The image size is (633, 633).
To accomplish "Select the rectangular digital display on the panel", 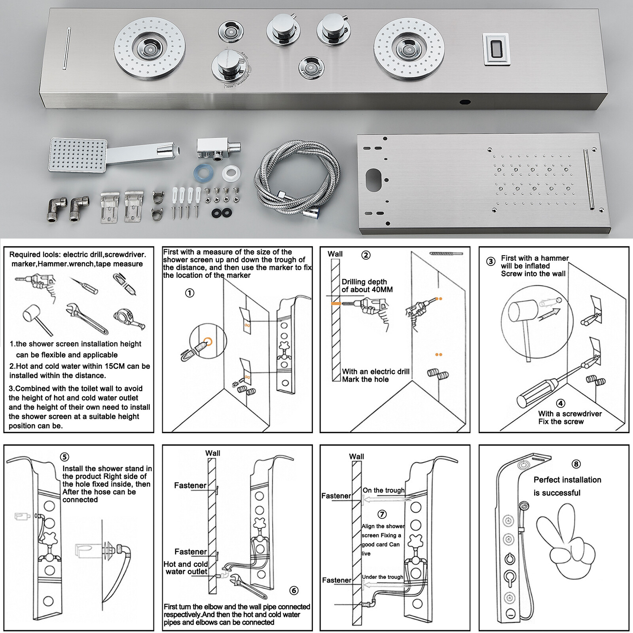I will [496, 49].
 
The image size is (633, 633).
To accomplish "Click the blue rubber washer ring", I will [204, 173].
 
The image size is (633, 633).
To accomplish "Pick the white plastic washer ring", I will [231, 173].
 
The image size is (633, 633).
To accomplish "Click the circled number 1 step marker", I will [190, 293].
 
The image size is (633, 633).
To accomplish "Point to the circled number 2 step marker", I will [366, 255].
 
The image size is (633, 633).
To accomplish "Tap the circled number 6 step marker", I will [294, 591].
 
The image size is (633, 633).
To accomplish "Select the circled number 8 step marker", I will [576, 464].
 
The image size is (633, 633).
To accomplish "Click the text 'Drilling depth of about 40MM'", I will [367, 286].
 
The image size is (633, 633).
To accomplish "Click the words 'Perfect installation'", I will [567, 480].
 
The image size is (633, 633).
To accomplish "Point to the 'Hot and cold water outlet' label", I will [186, 568].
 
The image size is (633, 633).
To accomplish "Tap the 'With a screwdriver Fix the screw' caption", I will [570, 417].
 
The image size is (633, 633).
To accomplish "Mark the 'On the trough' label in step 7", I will [383, 490].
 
